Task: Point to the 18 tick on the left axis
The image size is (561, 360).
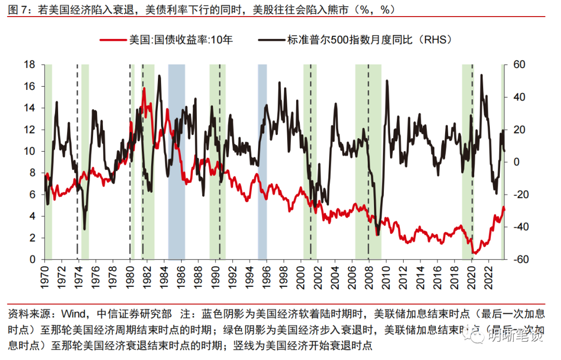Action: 29,64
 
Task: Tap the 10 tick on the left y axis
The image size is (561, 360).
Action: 29,151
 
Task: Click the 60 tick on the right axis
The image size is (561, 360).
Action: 520,64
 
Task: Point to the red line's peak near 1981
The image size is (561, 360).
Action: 144,89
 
